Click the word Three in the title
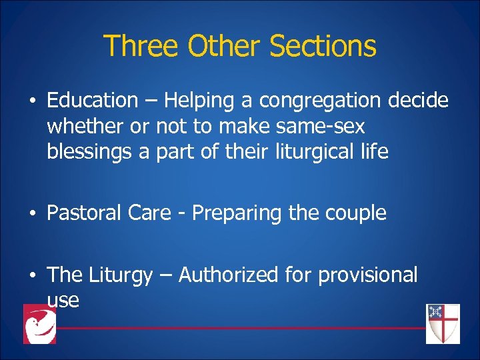click(x=142, y=46)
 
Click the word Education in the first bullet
click(x=92, y=101)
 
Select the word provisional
click(x=367, y=275)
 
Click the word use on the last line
click(x=63, y=301)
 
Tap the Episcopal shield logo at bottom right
click(x=443, y=323)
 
